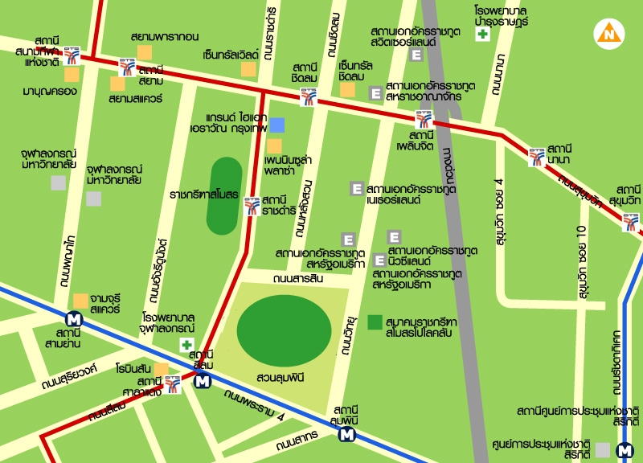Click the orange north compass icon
click(x=608, y=33)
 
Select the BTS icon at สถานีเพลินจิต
click(x=424, y=120)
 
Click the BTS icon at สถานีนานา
click(x=536, y=157)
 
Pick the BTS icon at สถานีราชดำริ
click(x=252, y=205)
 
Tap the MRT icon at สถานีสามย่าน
click(x=75, y=318)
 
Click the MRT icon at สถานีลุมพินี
click(x=347, y=435)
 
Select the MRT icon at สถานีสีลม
click(x=203, y=381)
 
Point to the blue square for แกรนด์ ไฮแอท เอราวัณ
click(x=276, y=125)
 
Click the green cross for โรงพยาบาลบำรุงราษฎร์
click(x=482, y=34)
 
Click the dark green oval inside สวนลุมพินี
click(x=284, y=330)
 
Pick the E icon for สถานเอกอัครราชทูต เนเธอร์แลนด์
click(x=357, y=189)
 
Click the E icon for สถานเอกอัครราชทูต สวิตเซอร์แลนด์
click(x=416, y=55)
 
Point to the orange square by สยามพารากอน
click(x=144, y=52)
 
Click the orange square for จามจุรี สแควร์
click(x=80, y=300)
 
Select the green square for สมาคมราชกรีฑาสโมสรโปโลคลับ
click(x=375, y=322)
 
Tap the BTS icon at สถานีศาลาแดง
click(x=173, y=384)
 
